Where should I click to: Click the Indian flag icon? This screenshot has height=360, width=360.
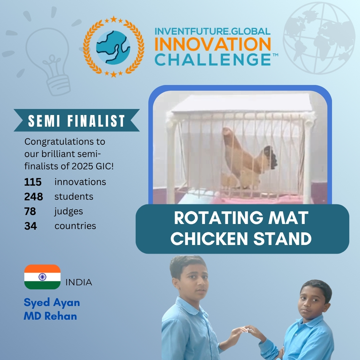pos(42,277)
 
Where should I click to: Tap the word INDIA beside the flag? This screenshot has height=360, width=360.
pos(79,282)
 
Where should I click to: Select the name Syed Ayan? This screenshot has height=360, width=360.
pos(52,303)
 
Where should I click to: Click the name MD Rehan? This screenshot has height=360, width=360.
pos(50,316)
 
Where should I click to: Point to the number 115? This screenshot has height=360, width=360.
pos(33,182)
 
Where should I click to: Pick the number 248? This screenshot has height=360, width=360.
pos(34,197)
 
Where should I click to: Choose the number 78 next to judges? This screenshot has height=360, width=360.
pos(30,211)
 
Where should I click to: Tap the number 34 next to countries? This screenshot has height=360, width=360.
pos(31,226)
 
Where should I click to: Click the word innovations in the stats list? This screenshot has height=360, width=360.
pos(80,182)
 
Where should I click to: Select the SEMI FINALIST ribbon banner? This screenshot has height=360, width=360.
pos(77,120)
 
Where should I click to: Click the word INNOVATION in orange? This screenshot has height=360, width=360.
pos(213,44)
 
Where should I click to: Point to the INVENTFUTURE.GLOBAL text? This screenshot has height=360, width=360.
pos(213,31)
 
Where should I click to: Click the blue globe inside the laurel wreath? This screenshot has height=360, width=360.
pos(113,48)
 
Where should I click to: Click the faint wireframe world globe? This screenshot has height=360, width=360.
pos(319,38)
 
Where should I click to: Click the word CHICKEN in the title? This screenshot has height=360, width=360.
pos(209,238)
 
